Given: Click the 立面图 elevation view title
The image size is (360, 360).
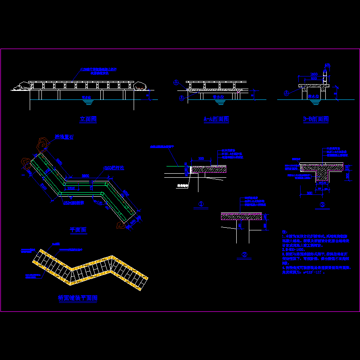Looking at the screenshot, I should pyautogui.click(x=88, y=119).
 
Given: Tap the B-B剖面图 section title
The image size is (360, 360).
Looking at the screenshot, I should pyautogui.click(x=315, y=119).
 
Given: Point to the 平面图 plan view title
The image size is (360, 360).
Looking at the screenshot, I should pyautogui.click(x=78, y=230).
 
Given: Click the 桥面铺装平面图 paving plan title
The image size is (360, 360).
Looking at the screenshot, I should pyautogui.click(x=78, y=298).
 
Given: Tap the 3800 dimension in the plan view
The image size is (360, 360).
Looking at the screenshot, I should pyautogui.click(x=85, y=176).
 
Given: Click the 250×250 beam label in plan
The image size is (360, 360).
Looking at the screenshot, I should pyautogui.click(x=73, y=203).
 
